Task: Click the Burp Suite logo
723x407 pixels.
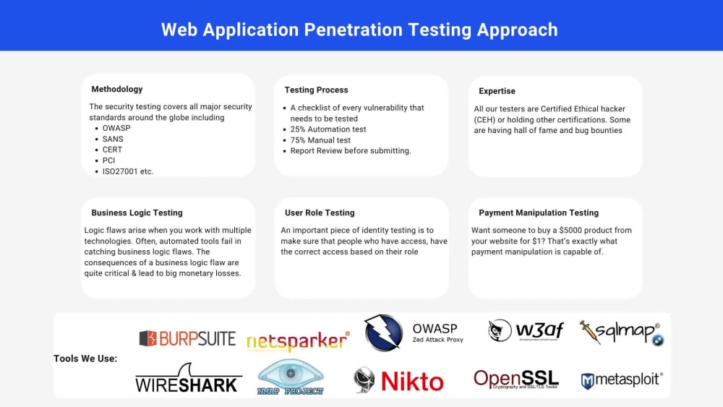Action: [187, 338]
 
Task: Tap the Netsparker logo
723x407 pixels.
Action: [298, 342]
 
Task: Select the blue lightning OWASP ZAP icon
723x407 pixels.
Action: [383, 333]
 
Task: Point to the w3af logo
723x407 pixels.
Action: [526, 331]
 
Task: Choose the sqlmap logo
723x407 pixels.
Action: [621, 333]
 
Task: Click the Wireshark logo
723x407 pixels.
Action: [188, 379]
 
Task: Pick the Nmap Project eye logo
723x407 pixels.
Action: [291, 377]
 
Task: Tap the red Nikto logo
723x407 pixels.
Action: [398, 380]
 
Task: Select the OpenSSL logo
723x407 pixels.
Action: [515, 379]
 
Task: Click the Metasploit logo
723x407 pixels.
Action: [622, 380]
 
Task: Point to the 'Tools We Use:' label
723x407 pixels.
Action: [85, 359]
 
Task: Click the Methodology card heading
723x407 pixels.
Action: [116, 90]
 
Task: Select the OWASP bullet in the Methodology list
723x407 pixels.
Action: [116, 128]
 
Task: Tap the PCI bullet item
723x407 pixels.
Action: [108, 160]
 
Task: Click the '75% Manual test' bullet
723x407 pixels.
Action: [320, 140]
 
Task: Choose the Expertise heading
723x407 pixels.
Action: [497, 91]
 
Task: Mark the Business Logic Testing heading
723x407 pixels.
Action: [137, 213]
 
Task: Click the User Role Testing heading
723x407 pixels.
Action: [320, 213]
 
